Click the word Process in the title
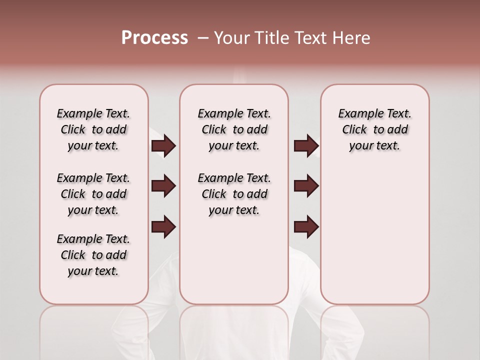154,37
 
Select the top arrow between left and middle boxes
163,146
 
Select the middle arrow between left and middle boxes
163,186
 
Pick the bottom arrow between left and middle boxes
163,227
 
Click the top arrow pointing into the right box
306,146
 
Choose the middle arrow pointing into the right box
306,186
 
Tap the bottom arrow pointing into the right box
306,227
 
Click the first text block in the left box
93,129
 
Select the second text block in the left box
93,194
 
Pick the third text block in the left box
93,255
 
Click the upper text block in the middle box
234,129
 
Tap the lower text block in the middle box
234,194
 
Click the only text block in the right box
374,129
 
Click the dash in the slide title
202,37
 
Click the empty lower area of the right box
374,240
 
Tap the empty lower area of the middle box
234,260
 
